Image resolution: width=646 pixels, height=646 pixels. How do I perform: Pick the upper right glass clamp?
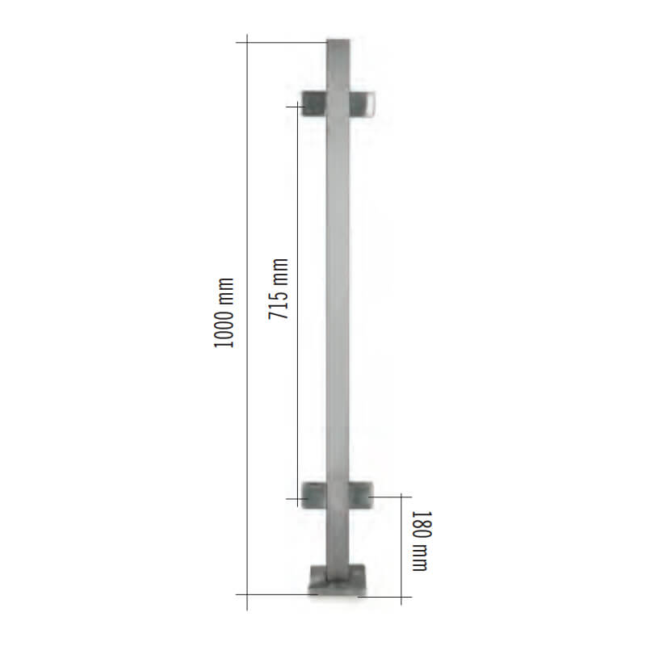pyautogui.click(x=365, y=105)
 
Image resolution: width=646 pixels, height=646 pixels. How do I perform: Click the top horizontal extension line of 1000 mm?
pyautogui.click(x=283, y=41)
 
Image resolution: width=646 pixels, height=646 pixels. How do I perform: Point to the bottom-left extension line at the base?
pyautogui.click(x=275, y=596)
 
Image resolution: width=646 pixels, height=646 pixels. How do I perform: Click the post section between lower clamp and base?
pyautogui.click(x=339, y=537)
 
